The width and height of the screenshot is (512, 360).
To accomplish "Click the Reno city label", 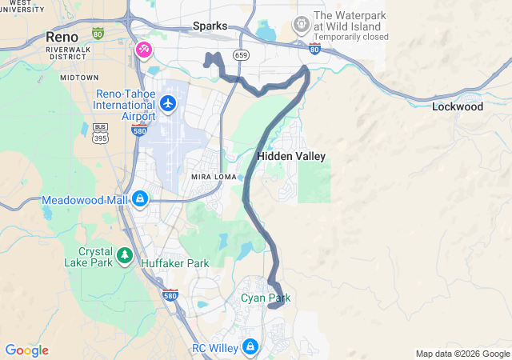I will pos(62,37).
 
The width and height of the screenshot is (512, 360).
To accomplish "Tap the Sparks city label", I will pos(210,26).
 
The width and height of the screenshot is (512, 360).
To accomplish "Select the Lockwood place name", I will pos(457,106).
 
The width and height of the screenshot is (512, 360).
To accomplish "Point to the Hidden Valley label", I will pos(291,156).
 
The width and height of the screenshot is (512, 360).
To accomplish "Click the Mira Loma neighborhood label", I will pos(212,176).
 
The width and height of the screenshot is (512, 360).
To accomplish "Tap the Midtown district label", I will pos(78,78).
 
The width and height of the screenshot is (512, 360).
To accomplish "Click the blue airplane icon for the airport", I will pos(167,102).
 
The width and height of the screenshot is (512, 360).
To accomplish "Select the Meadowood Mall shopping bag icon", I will pos(139,198).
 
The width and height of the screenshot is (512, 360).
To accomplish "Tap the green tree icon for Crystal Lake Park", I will pos(124,255).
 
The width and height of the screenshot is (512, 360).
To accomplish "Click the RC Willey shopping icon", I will pos(250,346).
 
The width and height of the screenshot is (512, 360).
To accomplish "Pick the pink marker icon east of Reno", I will pos(144,50).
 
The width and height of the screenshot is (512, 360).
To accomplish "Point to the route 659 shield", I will pos(241,54).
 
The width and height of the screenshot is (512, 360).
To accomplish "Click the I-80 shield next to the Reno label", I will pos(98,34).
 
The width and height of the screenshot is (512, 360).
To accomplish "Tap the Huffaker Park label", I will pos(174,262).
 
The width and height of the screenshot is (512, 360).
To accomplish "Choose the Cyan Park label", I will pos(266,298).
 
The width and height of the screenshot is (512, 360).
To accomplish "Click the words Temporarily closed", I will pos(350,37).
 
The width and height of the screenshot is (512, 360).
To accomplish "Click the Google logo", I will pos(26,350).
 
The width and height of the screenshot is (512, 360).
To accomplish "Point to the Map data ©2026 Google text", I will pos(462,354).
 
